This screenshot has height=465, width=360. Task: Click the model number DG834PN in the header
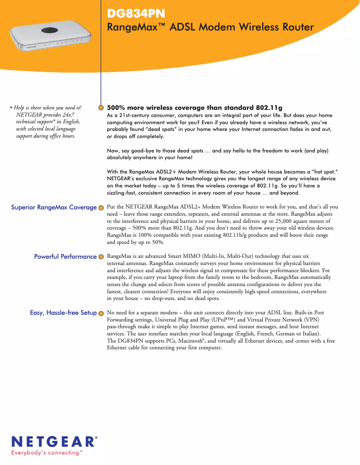(135, 14)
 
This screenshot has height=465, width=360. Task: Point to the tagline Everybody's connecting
(46, 453)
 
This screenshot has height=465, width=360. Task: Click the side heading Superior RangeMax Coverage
(54, 207)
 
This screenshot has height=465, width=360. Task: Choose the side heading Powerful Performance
(66, 256)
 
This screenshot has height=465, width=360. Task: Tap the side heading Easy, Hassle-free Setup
(63, 313)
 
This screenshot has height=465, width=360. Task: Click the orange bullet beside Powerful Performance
(101, 257)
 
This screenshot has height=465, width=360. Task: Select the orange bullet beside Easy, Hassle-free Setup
(101, 313)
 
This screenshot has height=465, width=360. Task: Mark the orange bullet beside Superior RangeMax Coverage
(101, 208)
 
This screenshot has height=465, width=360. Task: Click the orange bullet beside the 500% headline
(101, 108)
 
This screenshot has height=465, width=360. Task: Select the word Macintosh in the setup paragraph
(190, 341)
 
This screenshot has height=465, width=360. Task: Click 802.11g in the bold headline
(269, 108)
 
